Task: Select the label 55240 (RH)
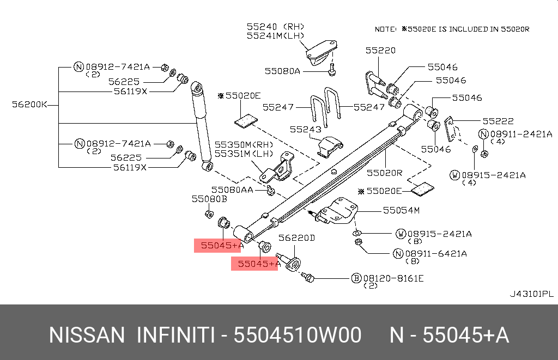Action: coord(275,26)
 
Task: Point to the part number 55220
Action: coord(380,50)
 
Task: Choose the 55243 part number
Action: coord(306,130)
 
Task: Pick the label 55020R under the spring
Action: coord(384,173)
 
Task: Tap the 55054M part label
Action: coord(401,210)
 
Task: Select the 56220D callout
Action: coord(297,238)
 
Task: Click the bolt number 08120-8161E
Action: coord(393,278)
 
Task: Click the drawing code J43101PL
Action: coord(531,294)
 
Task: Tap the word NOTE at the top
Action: coord(386,29)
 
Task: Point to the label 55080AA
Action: coord(233,190)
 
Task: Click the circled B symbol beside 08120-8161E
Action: coord(356,278)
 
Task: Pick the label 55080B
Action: coord(209,199)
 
